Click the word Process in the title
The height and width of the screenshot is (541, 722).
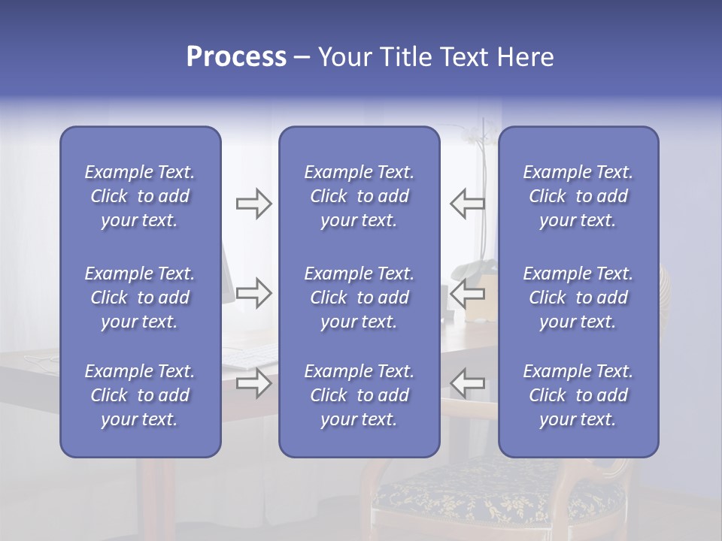tap(236, 57)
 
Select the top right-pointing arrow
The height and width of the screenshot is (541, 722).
tap(253, 204)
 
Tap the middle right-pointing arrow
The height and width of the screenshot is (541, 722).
tap(253, 293)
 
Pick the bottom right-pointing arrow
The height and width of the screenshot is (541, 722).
tap(253, 383)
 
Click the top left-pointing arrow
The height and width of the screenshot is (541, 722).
tap(467, 204)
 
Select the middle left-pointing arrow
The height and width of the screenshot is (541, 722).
tap(467, 293)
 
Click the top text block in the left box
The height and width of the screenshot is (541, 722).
tap(140, 196)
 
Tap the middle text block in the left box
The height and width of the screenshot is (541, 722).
tap(140, 298)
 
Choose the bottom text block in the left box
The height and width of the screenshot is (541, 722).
tap(140, 395)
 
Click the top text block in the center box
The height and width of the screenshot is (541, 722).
tap(359, 196)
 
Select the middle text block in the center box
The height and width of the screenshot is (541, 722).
tap(359, 298)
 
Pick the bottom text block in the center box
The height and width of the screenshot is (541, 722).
tap(359, 395)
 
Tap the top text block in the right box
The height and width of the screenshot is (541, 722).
tap(578, 196)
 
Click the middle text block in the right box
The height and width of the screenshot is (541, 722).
tap(578, 298)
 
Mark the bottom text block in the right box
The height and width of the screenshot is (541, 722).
tap(578, 395)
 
